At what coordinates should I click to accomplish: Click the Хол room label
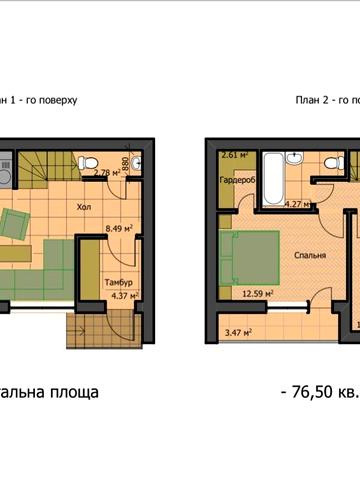(85, 209)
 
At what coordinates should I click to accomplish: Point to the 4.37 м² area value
(120, 295)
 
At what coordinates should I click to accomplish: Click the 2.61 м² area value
(234, 156)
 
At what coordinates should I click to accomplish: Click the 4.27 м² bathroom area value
(298, 204)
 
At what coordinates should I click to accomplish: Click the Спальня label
(309, 254)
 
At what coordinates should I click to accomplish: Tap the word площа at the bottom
(74, 392)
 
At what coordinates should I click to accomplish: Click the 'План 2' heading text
(312, 100)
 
